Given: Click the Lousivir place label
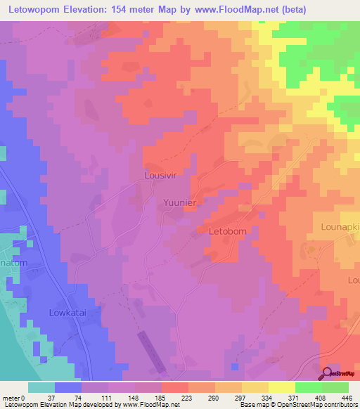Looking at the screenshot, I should (x=164, y=175).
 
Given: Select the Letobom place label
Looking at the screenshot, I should (x=229, y=231).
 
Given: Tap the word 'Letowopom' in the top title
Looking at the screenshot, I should (x=35, y=9).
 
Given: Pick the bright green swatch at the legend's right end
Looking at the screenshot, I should (x=335, y=387).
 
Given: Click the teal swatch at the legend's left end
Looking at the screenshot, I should (x=41, y=387).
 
